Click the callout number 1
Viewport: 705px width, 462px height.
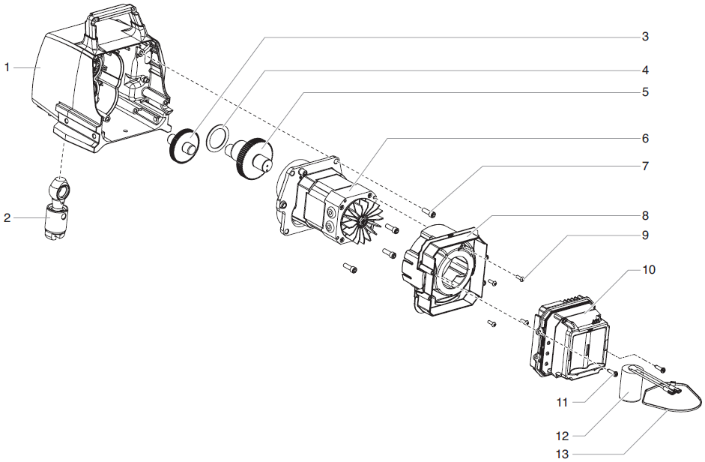7,67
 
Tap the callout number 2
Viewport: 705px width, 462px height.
7,218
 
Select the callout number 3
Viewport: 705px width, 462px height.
644,36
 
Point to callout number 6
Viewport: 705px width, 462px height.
644,139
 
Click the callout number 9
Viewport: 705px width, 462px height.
644,235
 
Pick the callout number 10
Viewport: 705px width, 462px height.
648,269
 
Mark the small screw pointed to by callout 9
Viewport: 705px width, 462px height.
521,280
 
